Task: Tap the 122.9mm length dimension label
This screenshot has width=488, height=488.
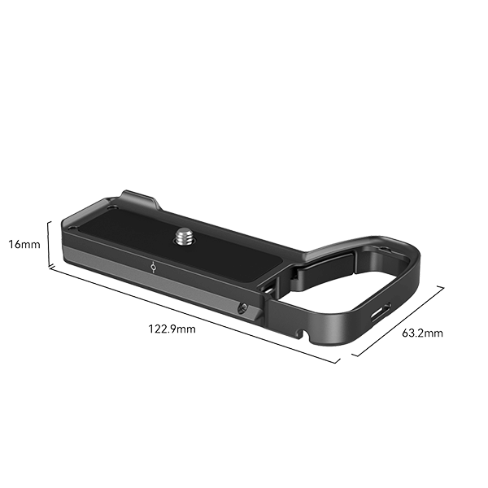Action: click(x=172, y=329)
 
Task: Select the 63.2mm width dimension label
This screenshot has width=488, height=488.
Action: click(x=423, y=332)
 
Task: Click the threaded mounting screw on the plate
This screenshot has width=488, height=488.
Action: click(x=181, y=237)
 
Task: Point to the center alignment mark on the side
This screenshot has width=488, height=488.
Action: click(x=155, y=266)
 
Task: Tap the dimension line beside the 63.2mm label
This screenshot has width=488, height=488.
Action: click(x=399, y=320)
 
